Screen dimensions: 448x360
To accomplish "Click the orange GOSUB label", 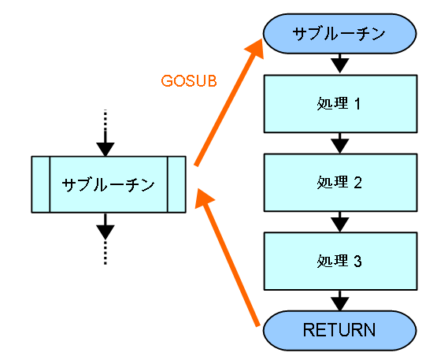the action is point(189,80).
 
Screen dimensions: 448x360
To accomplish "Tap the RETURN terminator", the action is point(339,330).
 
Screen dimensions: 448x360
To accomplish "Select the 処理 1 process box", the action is point(340,104).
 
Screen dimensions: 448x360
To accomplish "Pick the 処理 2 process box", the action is point(340,183).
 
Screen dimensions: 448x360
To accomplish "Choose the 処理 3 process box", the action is point(340,262).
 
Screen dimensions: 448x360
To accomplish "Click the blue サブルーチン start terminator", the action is point(339,33).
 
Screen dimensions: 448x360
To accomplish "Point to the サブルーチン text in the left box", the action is point(109,184).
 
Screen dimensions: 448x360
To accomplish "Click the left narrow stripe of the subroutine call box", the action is point(41,184).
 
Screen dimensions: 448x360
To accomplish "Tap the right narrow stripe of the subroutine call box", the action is point(176,184).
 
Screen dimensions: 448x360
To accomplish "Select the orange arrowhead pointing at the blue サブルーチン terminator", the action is point(255,49).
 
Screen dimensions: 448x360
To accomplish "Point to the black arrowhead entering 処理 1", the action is point(339,65).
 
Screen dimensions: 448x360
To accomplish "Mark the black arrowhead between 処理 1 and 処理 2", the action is point(339,146).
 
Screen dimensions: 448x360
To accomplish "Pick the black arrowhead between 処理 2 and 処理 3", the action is point(339,225).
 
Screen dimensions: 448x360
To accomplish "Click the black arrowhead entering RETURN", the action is point(339,303).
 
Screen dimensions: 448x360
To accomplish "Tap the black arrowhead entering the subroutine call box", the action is point(106,149).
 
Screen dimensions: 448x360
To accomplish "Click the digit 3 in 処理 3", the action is point(357,262).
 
